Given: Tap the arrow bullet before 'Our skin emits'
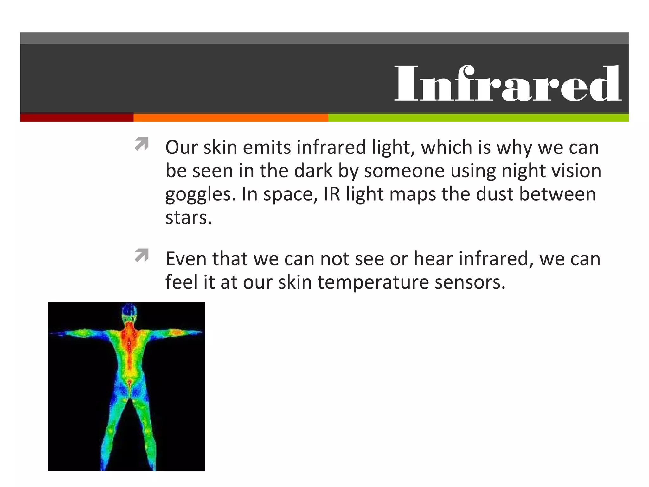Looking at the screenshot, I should point(142,144).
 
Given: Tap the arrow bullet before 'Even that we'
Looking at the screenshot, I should point(142,256).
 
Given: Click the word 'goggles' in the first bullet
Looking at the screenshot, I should point(200,195).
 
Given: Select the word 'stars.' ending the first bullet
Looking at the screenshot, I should point(189,218).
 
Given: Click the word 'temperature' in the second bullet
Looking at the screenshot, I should point(373,282).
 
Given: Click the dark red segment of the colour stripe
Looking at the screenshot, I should point(77,118).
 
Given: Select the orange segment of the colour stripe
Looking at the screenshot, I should point(231,118).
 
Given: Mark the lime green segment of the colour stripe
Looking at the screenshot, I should point(478,118).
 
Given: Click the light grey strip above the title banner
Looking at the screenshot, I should point(324,38).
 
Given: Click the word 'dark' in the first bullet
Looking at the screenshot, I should point(313,171).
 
